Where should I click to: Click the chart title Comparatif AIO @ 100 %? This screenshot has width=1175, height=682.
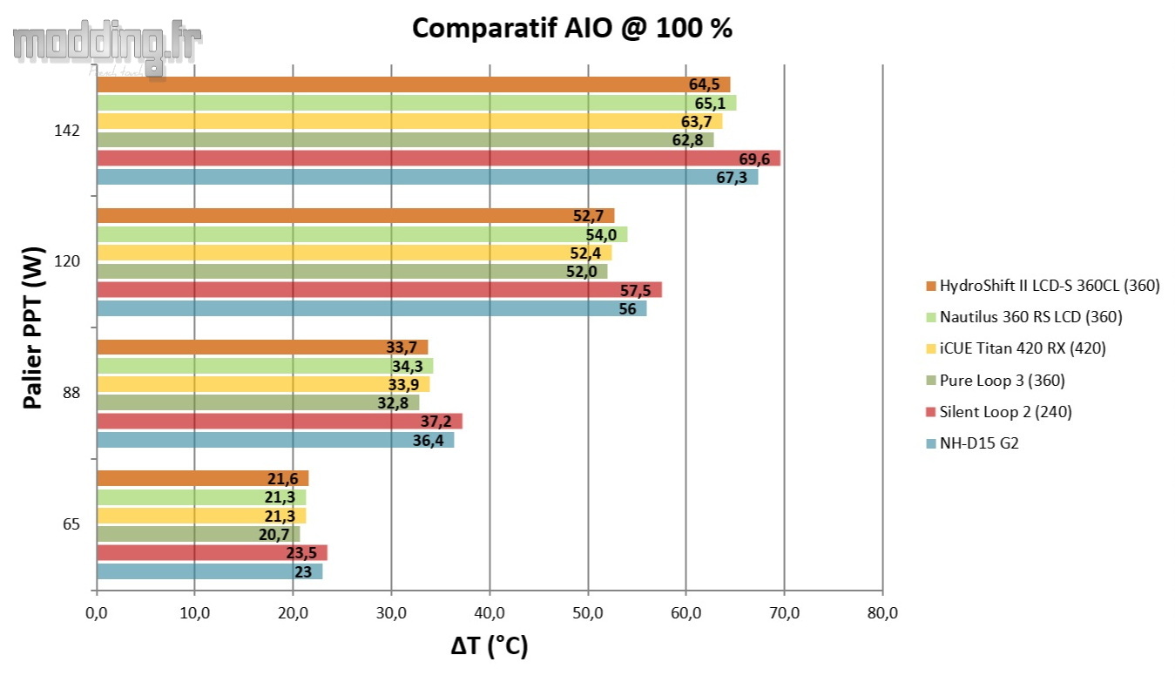(571, 28)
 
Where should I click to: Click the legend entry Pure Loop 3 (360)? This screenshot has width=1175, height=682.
(1001, 380)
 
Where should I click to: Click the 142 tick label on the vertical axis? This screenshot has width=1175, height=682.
(67, 131)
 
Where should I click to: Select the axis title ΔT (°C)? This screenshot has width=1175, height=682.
(490, 646)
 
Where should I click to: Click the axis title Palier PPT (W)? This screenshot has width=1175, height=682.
(33, 327)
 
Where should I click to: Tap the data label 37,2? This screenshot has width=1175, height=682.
(441, 422)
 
